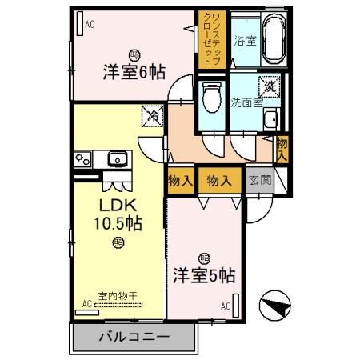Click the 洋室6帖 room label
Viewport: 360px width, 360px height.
click(134, 72)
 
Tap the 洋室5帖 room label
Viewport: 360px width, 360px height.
click(204, 276)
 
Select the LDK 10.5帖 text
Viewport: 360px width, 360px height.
click(120, 214)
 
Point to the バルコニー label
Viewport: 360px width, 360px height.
click(134, 336)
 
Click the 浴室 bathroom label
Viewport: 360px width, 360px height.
click(244, 40)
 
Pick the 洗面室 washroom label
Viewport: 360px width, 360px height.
click(245, 102)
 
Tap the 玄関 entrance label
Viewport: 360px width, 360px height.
click(260, 180)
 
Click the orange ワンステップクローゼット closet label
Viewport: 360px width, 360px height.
click(210, 39)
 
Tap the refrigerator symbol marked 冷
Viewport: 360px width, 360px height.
click(150, 117)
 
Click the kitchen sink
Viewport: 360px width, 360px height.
click(117, 159)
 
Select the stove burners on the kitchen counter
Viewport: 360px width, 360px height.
click(83, 159)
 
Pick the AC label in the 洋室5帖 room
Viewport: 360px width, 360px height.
click(226, 306)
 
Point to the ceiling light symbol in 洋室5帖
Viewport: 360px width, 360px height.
click(205, 258)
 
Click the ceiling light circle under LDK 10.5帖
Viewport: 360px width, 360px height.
click(118, 242)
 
